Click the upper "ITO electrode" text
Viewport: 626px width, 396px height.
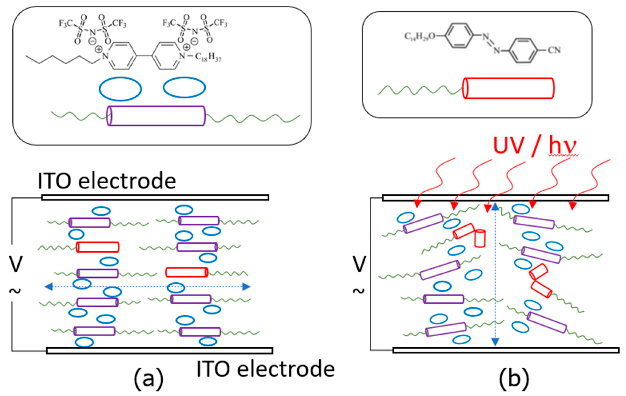pos(107,181)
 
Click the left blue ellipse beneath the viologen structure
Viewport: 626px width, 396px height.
pos(120,89)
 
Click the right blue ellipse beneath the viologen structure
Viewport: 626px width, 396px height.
pos(184,87)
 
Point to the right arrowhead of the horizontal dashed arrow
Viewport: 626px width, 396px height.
pos(246,287)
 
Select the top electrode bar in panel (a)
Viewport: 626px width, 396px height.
pos(155,198)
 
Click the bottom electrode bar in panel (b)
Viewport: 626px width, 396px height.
pos(506,350)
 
